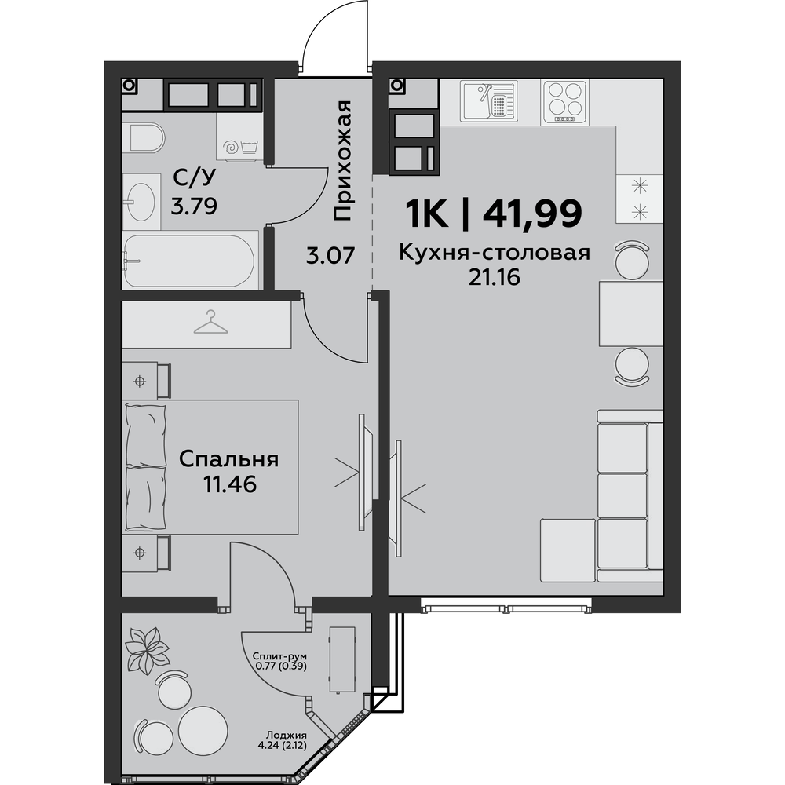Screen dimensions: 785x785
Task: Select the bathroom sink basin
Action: click(x=140, y=201)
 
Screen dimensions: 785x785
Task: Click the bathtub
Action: click(x=190, y=261)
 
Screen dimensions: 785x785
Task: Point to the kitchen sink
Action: click(x=488, y=100)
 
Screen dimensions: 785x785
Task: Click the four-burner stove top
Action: click(x=564, y=102)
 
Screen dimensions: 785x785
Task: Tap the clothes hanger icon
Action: click(x=210, y=322)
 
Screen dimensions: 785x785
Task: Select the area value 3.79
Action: click(x=194, y=206)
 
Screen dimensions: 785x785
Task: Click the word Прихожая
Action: click(x=342, y=161)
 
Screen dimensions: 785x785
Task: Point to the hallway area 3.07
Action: click(x=330, y=255)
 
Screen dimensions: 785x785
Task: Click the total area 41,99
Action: click(x=532, y=213)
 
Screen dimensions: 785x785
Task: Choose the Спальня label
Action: click(x=228, y=459)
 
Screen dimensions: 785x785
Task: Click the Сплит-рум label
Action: click(x=279, y=655)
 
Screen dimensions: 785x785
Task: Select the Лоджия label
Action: click(x=287, y=736)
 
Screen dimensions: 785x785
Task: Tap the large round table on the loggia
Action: click(x=203, y=728)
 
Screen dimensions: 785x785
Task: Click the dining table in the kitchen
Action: click(x=631, y=313)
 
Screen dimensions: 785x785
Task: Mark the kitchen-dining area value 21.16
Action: click(x=494, y=277)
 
